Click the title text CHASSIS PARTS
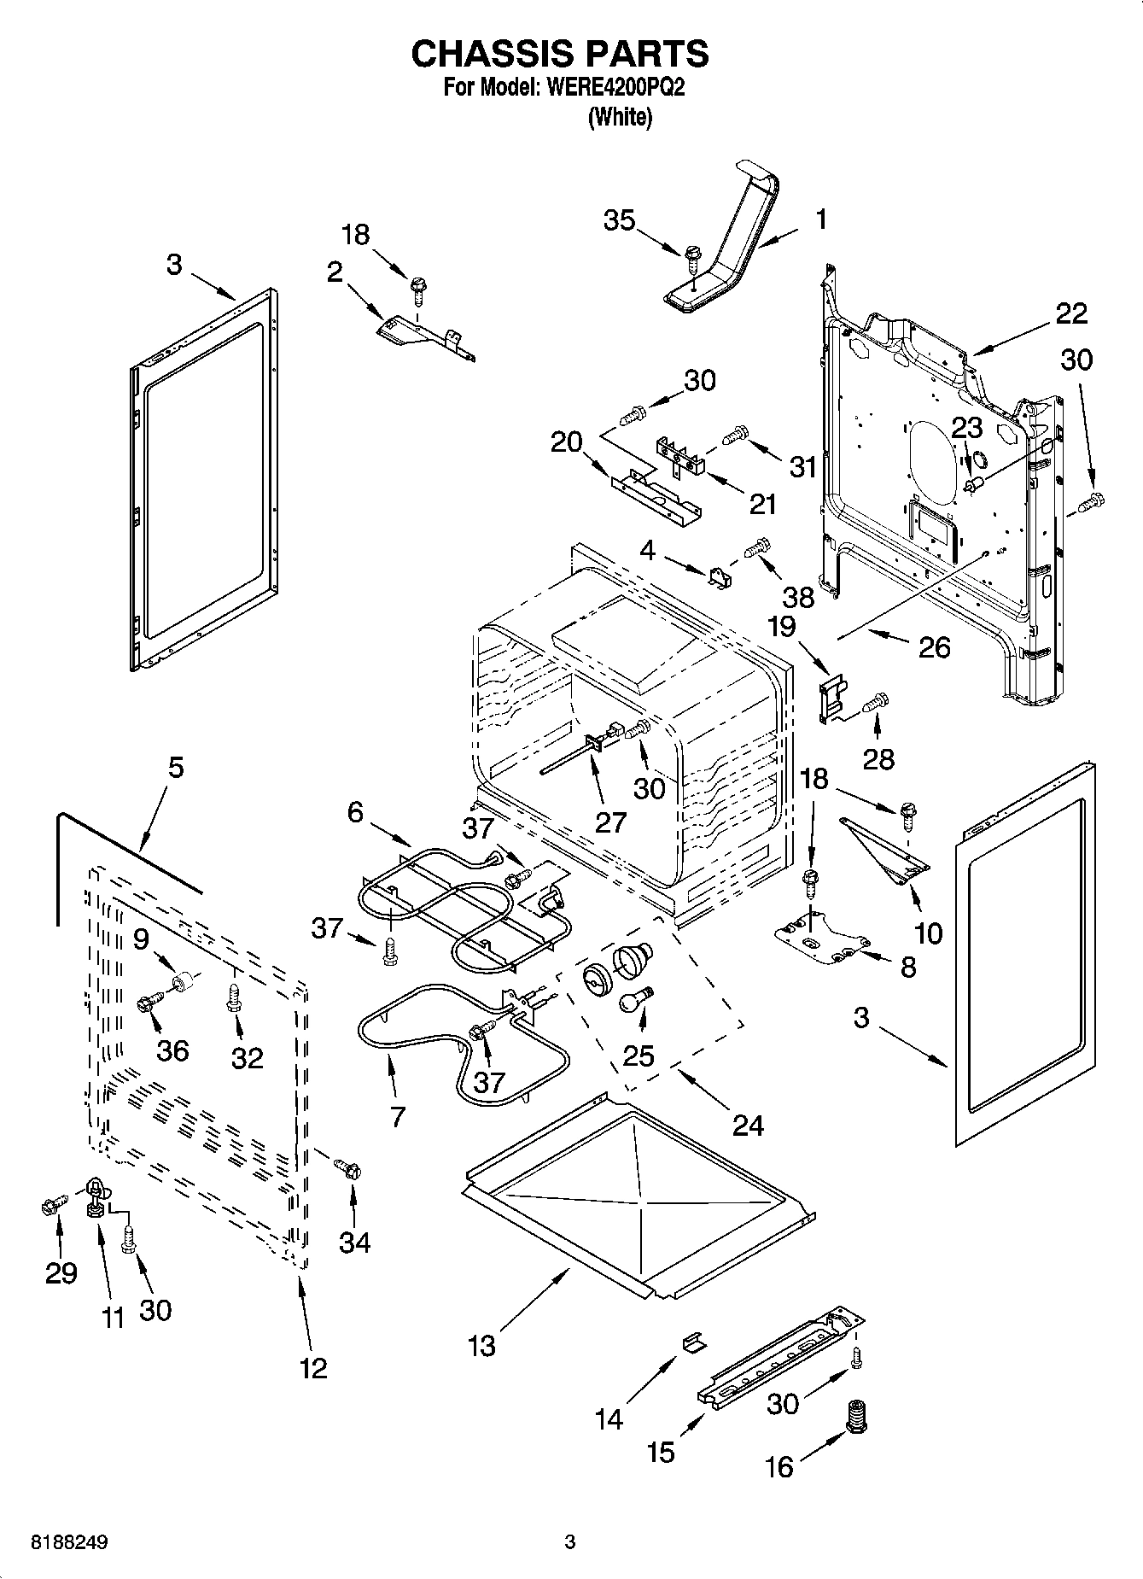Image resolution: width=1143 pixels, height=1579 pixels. click(560, 54)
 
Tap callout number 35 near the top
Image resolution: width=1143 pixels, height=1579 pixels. click(619, 220)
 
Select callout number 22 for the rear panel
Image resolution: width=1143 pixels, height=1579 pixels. click(1071, 313)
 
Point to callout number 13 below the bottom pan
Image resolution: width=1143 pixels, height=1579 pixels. click(481, 1346)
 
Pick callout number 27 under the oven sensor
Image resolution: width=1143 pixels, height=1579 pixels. click(611, 822)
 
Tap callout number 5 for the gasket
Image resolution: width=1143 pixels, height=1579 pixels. click(175, 767)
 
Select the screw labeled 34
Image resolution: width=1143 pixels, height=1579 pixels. click(348, 1167)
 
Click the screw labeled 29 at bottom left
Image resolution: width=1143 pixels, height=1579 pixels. click(50, 1205)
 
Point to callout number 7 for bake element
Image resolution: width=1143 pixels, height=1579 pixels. click(397, 1117)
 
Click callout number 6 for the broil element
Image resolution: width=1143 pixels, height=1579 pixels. click(355, 811)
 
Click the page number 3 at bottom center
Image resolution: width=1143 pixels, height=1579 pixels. click(570, 1542)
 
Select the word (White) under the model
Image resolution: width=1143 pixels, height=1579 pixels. click(620, 118)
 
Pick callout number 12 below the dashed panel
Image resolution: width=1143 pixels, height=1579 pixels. click(313, 1368)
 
